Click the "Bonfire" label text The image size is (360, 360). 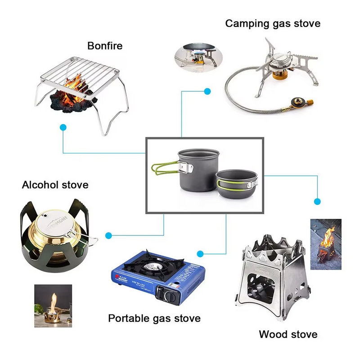[x=104, y=45]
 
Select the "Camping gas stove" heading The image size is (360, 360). [x=273, y=23]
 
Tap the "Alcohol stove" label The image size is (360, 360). [x=55, y=184]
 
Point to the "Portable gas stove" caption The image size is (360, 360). [x=154, y=319]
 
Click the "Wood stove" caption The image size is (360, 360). [x=288, y=334]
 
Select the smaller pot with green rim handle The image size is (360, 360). [x=237, y=184]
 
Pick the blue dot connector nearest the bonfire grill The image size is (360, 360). [x=63, y=128]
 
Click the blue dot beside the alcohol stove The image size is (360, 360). [x=108, y=235]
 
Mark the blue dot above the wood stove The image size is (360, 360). [x=317, y=201]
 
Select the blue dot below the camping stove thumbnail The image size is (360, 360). [x=207, y=91]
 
